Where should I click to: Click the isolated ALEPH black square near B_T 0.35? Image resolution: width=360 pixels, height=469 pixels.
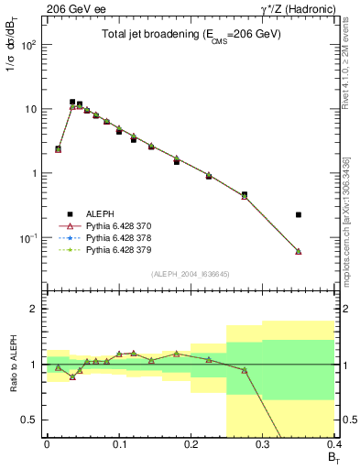[x=299, y=214]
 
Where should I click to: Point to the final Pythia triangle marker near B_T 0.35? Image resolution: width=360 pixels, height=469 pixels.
[x=299, y=251]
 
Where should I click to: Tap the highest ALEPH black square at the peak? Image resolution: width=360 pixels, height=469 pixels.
[x=72, y=102]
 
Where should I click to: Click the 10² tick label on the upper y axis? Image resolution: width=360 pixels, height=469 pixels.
[x=30, y=44]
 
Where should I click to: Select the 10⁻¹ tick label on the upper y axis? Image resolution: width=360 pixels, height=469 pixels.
[x=30, y=237]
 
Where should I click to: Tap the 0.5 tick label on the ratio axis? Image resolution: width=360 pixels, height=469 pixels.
[x=32, y=420]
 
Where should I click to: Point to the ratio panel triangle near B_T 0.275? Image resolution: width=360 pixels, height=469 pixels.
[x=245, y=370]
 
